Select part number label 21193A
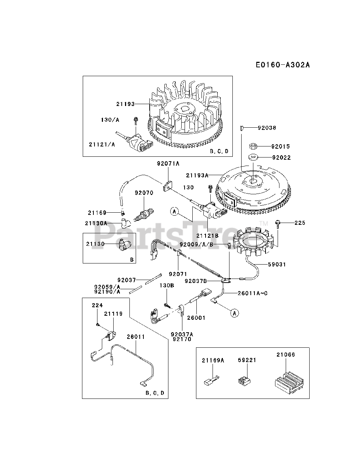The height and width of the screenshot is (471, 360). [x=197, y=176]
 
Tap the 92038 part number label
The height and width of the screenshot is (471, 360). [x=267, y=128]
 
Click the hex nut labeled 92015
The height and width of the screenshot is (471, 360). [x=253, y=146]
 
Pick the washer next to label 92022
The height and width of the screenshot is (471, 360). [x=253, y=157]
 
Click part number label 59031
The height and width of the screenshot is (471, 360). [x=277, y=264]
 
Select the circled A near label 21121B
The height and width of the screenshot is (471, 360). [x=174, y=212]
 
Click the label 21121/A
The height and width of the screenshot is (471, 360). [x=102, y=145]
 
